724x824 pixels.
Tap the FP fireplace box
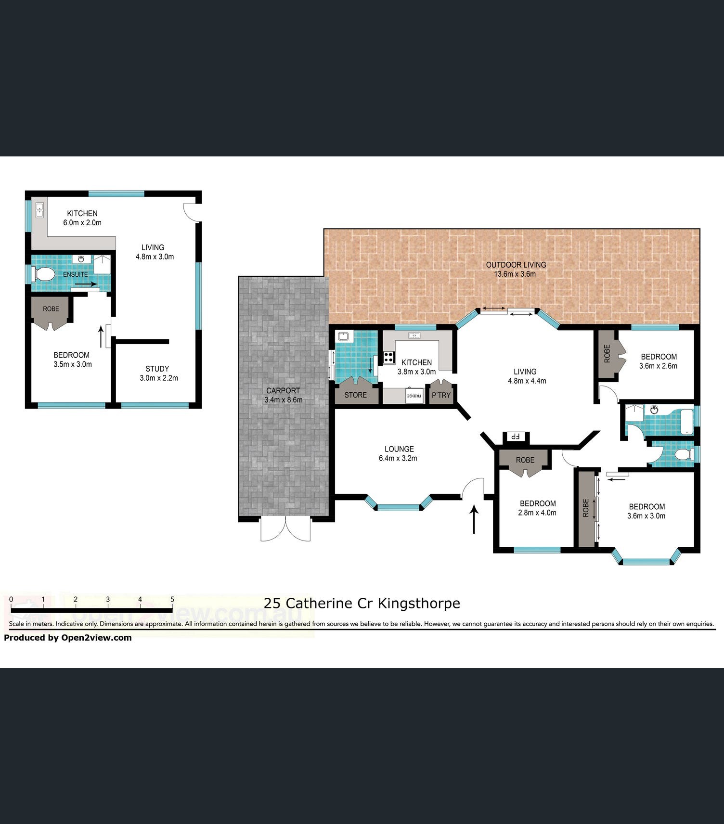click(516, 437)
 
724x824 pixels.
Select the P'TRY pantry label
click(441, 395)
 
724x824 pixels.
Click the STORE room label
click(356, 395)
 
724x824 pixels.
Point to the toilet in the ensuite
click(43, 274)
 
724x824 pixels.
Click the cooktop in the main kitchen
click(389, 358)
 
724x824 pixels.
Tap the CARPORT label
click(283, 391)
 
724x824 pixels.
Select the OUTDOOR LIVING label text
click(516, 265)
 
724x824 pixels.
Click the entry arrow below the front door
click(474, 519)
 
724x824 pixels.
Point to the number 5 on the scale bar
click(172, 599)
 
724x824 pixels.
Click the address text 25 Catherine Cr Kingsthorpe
click(362, 603)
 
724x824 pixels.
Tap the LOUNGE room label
click(399, 449)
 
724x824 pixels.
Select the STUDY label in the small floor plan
click(157, 369)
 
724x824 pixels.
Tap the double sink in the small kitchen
click(39, 210)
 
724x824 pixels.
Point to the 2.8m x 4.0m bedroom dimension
click(537, 513)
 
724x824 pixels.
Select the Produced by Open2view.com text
click(68, 638)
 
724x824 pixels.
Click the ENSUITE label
click(76, 274)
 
